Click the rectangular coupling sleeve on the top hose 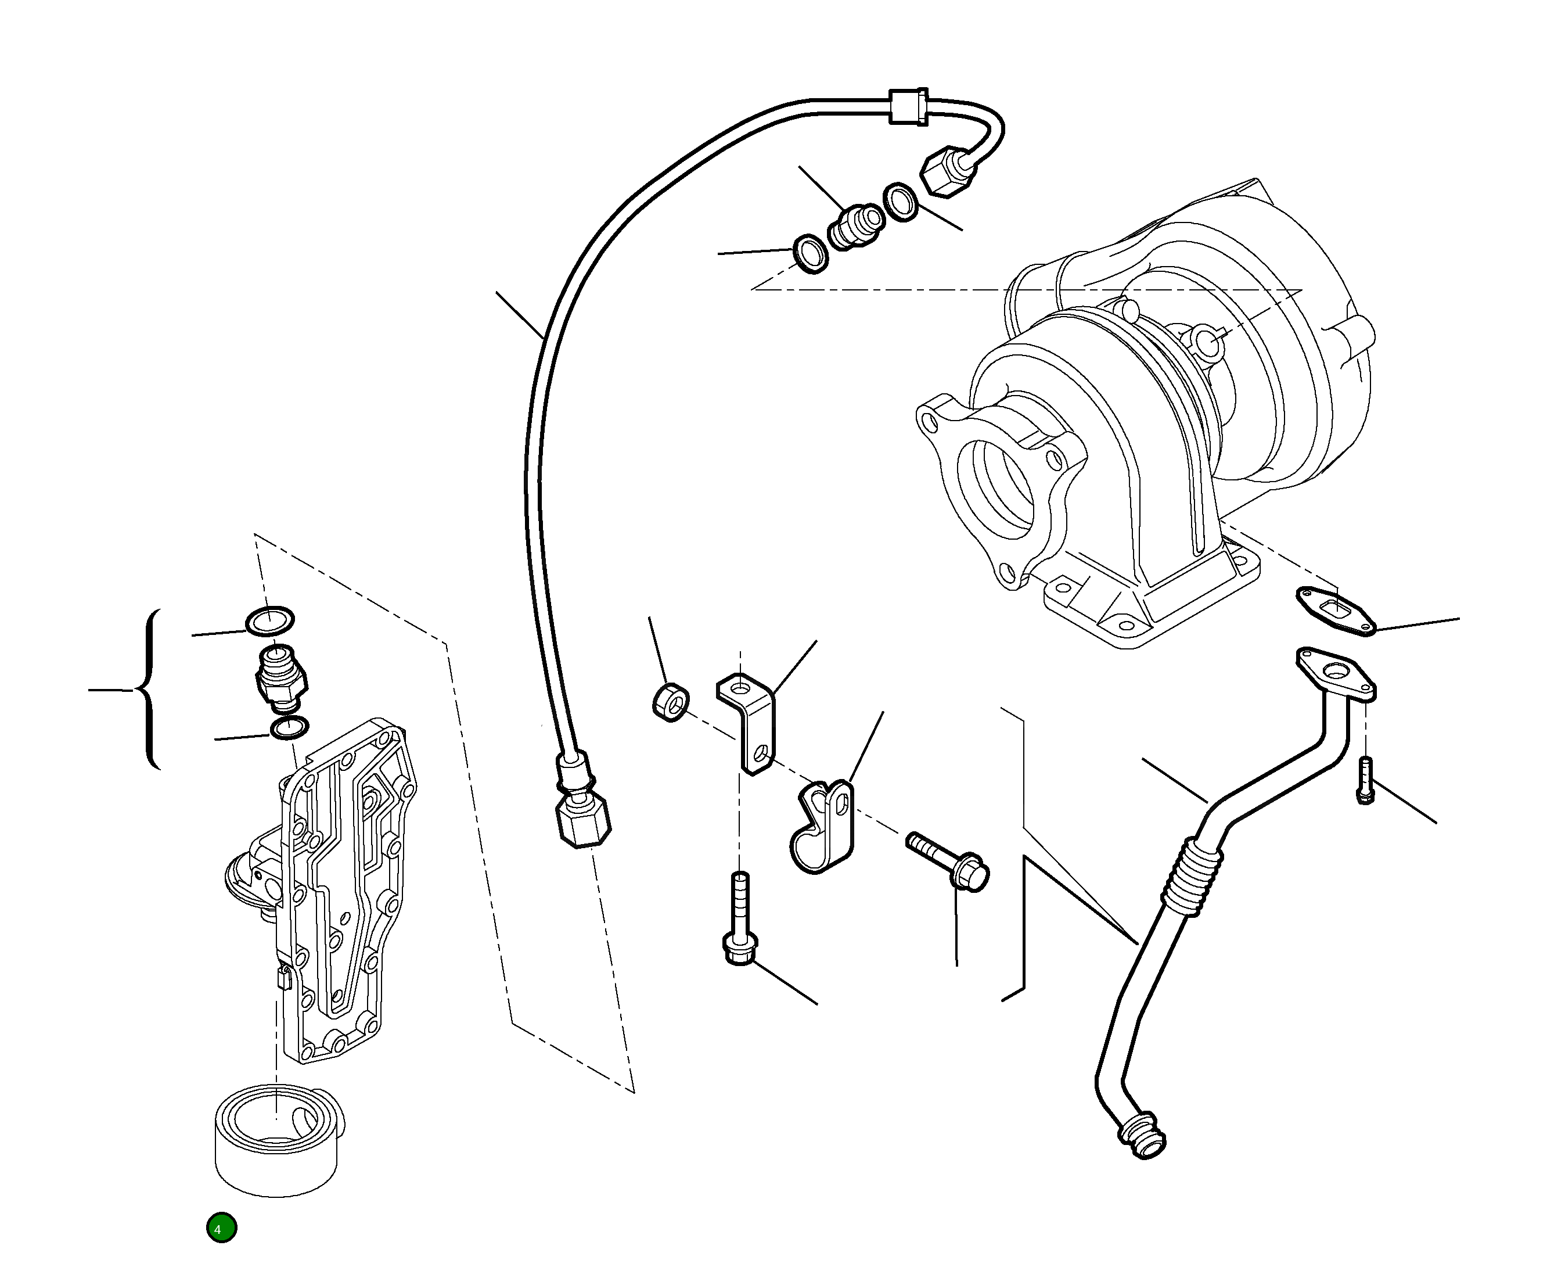[908, 107]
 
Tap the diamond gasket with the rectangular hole [1336, 611]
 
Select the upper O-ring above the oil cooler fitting [269, 620]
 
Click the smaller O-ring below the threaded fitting [290, 728]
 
